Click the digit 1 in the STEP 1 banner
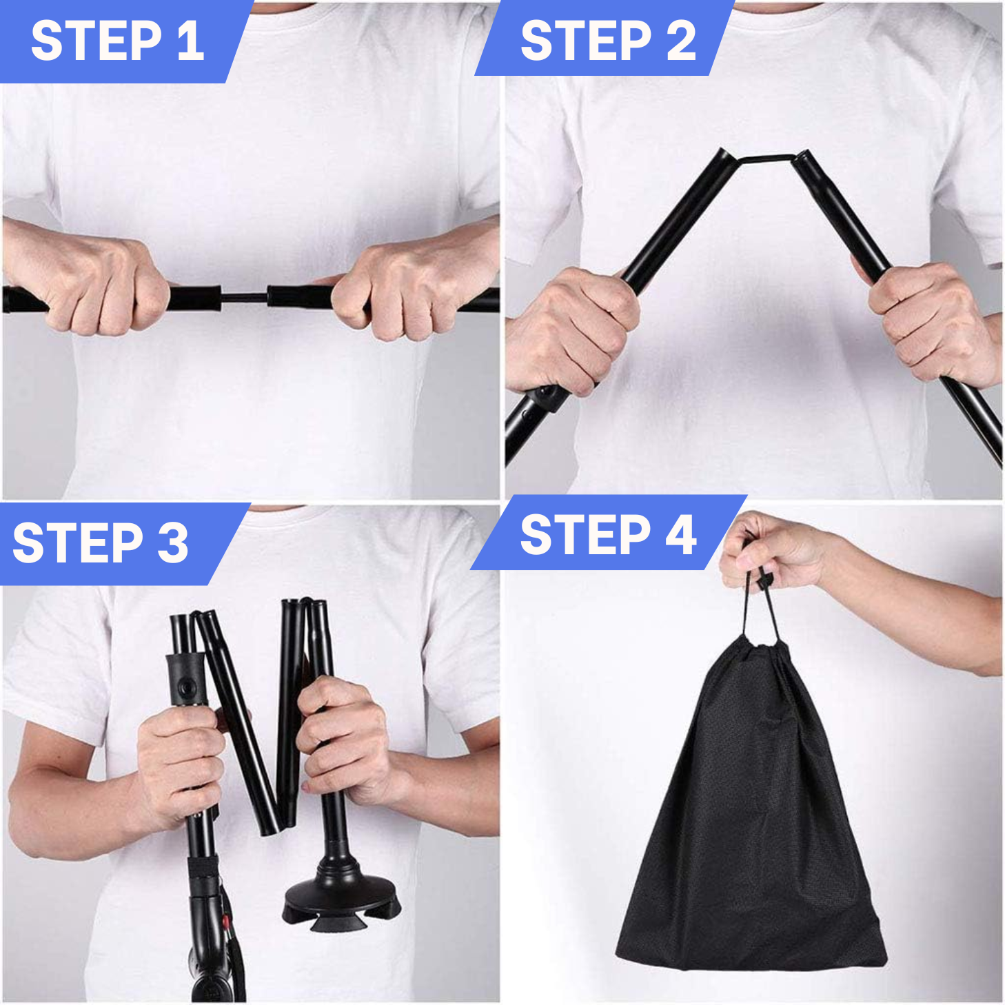pos(191,41)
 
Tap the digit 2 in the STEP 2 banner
pos(679,41)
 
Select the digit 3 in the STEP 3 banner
pos(172,543)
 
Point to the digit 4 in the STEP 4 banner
pos(680,534)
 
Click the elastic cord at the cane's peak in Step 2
pos(766,158)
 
